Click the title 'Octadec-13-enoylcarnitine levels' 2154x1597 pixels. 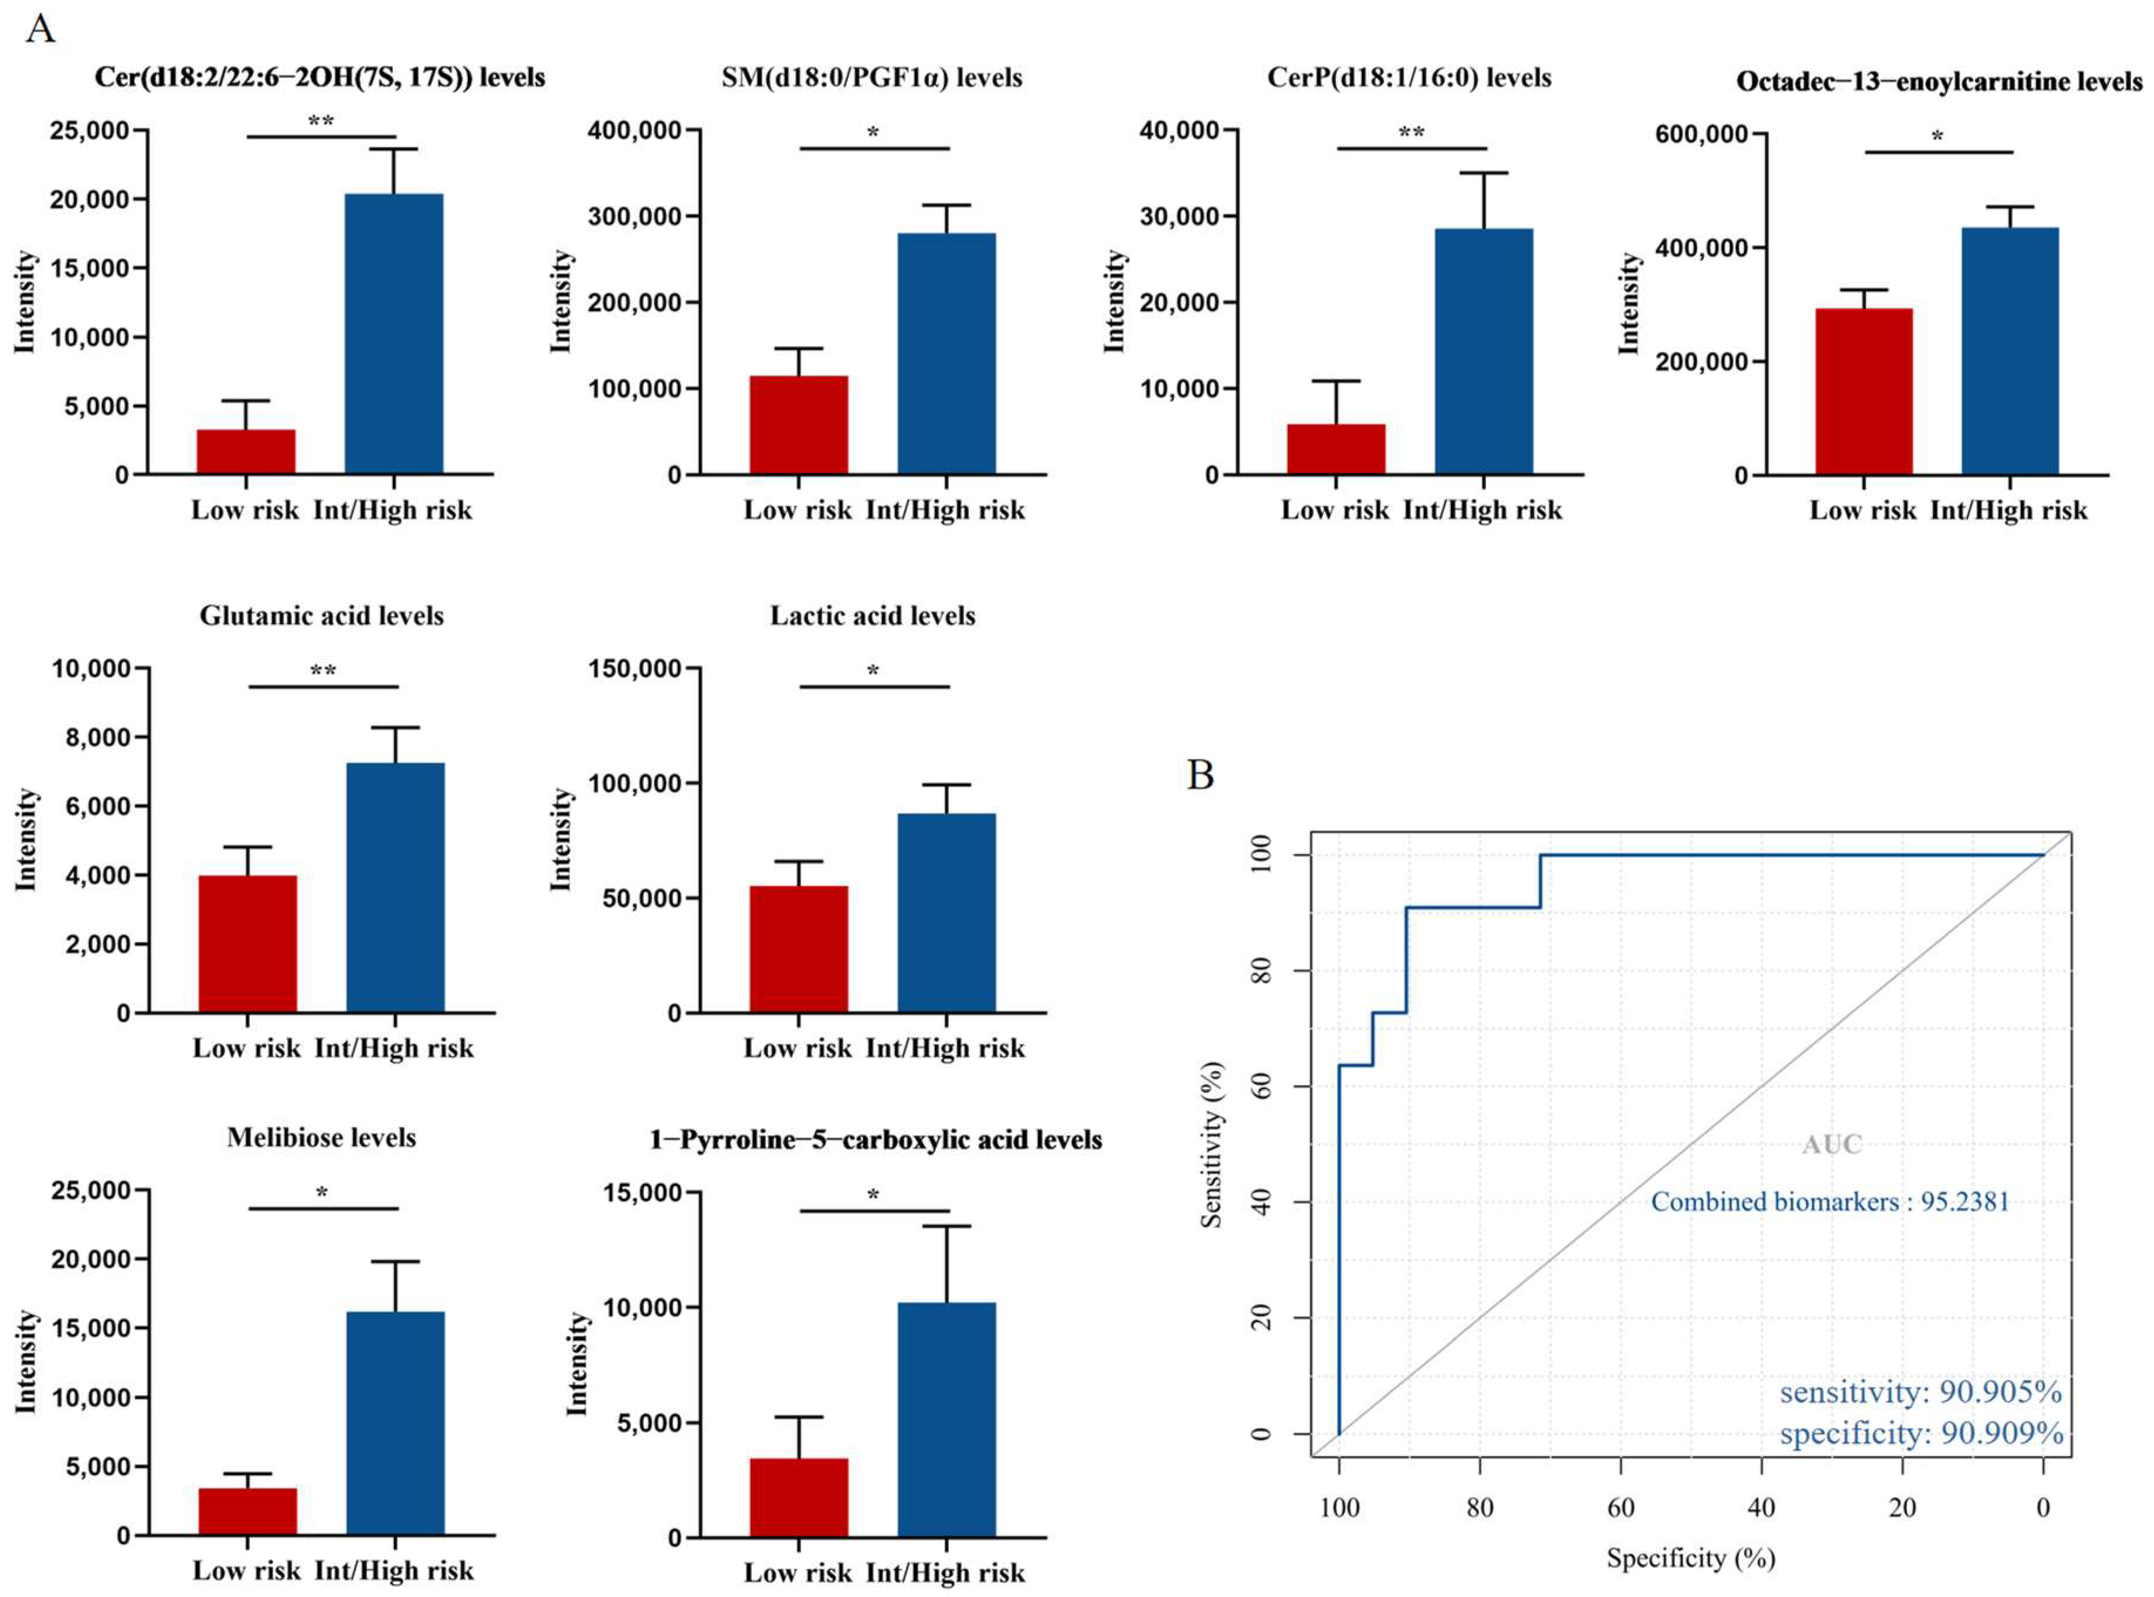pos(1938,82)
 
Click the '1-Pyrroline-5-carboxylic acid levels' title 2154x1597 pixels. pos(875,1140)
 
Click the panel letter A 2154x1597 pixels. pos(40,29)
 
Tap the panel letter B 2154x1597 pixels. pos(1200,774)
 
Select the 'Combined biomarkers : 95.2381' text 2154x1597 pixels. pos(1829,1202)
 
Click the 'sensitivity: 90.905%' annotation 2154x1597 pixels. pos(1920,1393)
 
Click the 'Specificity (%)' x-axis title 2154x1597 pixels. pos(1691,1557)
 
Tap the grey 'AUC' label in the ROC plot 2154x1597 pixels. pos(1831,1144)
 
